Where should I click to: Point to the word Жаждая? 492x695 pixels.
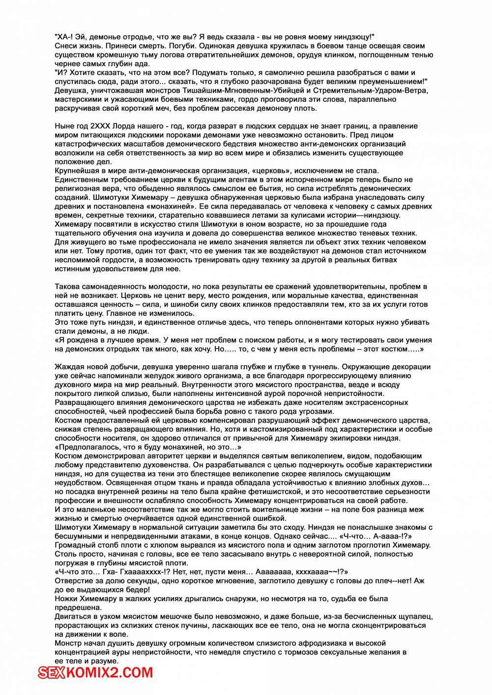click(x=69, y=367)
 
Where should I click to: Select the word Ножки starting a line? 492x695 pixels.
click(x=67, y=599)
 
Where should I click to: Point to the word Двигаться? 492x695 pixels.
click(x=73, y=616)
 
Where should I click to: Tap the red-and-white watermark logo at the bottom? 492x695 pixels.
click(x=96, y=672)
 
